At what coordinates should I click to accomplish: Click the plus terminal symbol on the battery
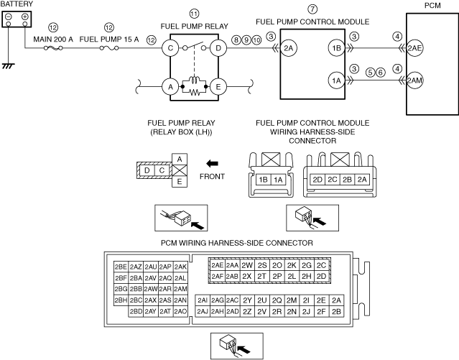[x=25, y=17]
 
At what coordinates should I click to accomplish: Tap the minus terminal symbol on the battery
[x=9, y=17]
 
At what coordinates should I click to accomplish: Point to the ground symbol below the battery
[x=8, y=66]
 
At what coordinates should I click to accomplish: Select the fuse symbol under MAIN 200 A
[x=53, y=48]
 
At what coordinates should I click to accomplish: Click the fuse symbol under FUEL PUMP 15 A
[x=109, y=48]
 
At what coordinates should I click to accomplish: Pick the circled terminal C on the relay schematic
[x=170, y=48]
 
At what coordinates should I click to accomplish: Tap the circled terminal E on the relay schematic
[x=218, y=87]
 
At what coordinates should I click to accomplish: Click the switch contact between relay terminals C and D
[x=195, y=46]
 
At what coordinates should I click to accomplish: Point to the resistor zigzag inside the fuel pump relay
[x=195, y=93]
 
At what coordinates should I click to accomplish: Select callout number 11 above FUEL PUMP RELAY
[x=195, y=14]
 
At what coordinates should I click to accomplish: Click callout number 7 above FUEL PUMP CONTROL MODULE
[x=312, y=9]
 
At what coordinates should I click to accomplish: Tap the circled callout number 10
[x=256, y=40]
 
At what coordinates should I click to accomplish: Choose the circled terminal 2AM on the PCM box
[x=414, y=80]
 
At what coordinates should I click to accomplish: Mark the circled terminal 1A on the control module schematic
[x=336, y=80]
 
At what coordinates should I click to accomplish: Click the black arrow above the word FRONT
[x=212, y=163]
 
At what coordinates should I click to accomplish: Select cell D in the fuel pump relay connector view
[x=147, y=170]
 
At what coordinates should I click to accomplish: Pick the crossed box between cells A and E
[x=180, y=170]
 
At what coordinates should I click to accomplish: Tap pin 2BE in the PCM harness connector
[x=121, y=267]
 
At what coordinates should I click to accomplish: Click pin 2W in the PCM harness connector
[x=247, y=265]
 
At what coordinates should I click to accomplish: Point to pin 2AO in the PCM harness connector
[x=180, y=311]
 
